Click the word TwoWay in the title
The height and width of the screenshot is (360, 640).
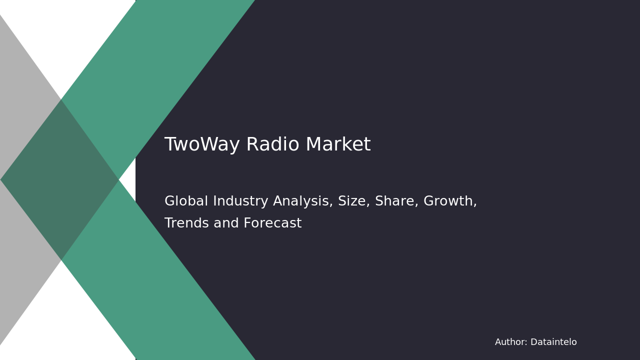point(202,144)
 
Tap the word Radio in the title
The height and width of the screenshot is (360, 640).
point(272,144)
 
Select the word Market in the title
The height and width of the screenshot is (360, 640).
point(338,144)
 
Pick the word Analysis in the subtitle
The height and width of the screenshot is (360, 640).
point(303,201)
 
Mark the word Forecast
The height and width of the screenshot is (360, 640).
point(272,223)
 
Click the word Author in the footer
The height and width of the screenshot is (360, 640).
point(511,342)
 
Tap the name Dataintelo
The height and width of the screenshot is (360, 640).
point(553,342)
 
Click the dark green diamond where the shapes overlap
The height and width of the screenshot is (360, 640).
point(59,179)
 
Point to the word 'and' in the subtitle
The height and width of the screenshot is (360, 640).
point(226,223)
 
